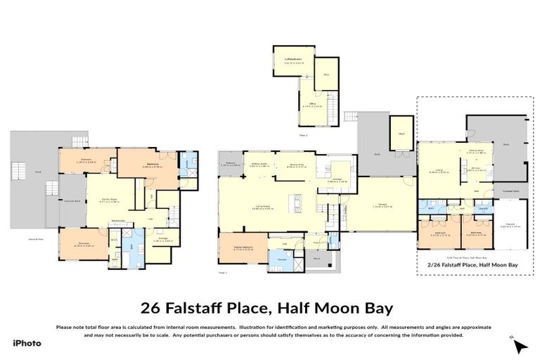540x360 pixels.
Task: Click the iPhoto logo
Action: click(x=27, y=343)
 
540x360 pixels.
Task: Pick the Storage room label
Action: click(x=162, y=240)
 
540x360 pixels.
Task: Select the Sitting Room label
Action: click(x=260, y=167)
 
